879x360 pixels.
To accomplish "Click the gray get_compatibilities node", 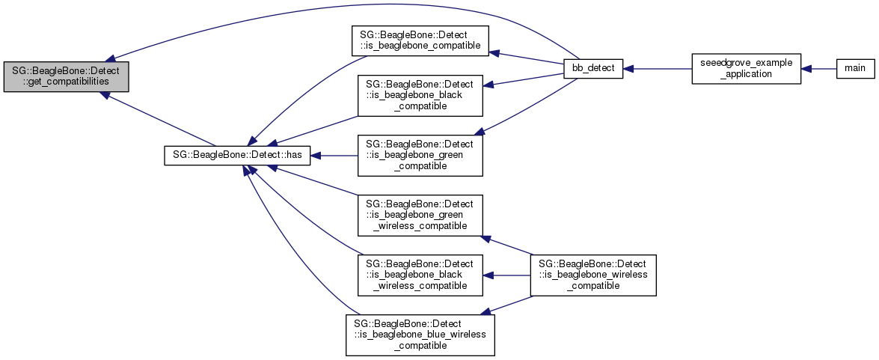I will pos(66,76).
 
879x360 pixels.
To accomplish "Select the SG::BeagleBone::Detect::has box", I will pos(237,156).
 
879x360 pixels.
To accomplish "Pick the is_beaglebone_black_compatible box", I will pos(420,94).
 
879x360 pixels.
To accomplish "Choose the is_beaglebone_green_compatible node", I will pos(420,156).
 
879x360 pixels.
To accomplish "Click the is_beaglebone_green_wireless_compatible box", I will pos(420,215).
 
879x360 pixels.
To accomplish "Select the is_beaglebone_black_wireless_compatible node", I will pos(420,275).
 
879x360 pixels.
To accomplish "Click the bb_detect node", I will pos(592,68).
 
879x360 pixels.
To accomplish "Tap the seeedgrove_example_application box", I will pos(746,68).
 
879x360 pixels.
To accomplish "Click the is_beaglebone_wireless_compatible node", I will pos(592,275).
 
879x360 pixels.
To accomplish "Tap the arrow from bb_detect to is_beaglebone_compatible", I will pos(527,58).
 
